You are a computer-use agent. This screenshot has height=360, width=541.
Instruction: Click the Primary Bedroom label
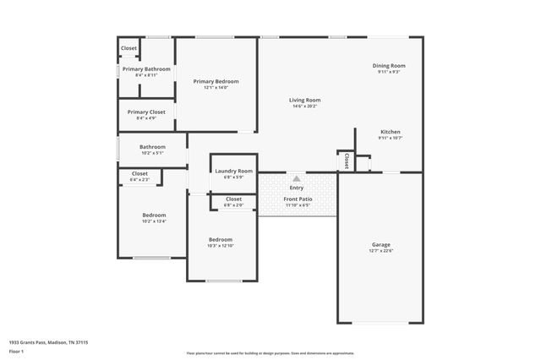216,81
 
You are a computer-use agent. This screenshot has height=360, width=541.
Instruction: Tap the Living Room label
304,100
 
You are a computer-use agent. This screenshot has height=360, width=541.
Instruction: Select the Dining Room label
390,65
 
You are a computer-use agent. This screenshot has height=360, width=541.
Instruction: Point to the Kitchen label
390,132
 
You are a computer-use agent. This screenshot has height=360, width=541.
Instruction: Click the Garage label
381,244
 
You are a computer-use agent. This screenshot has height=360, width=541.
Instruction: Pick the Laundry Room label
233,171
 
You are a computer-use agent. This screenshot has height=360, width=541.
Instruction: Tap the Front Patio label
298,199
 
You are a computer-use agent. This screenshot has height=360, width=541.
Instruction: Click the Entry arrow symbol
297,178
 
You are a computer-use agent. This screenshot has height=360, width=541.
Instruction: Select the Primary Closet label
146,112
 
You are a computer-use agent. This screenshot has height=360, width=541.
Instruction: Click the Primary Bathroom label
146,68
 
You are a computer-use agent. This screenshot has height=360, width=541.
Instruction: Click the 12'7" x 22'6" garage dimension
381,251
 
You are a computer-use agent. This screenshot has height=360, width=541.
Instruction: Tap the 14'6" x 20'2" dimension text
304,106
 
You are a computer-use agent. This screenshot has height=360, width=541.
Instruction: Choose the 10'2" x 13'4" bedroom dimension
154,221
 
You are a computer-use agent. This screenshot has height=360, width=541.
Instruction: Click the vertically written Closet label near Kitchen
346,161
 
